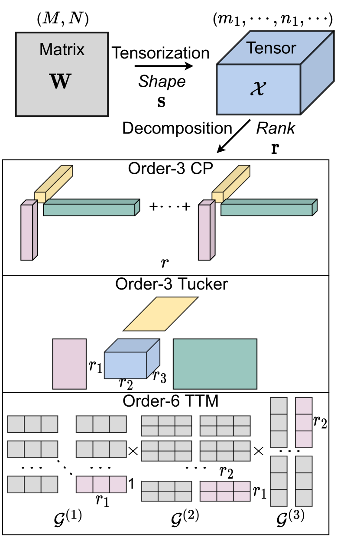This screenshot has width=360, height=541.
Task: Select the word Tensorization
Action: [x=161, y=53]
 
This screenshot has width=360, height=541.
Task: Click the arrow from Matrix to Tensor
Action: [x=163, y=66]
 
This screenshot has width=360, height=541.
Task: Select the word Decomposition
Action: [x=177, y=129]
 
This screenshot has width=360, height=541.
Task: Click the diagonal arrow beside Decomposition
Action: [x=234, y=137]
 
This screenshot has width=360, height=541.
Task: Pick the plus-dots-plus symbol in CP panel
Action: [x=170, y=207]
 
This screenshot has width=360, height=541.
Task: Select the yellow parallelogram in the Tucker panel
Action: [x=161, y=313]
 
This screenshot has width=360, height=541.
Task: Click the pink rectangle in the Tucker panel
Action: [x=69, y=364]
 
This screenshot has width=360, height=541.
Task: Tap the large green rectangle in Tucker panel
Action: [x=215, y=364]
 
